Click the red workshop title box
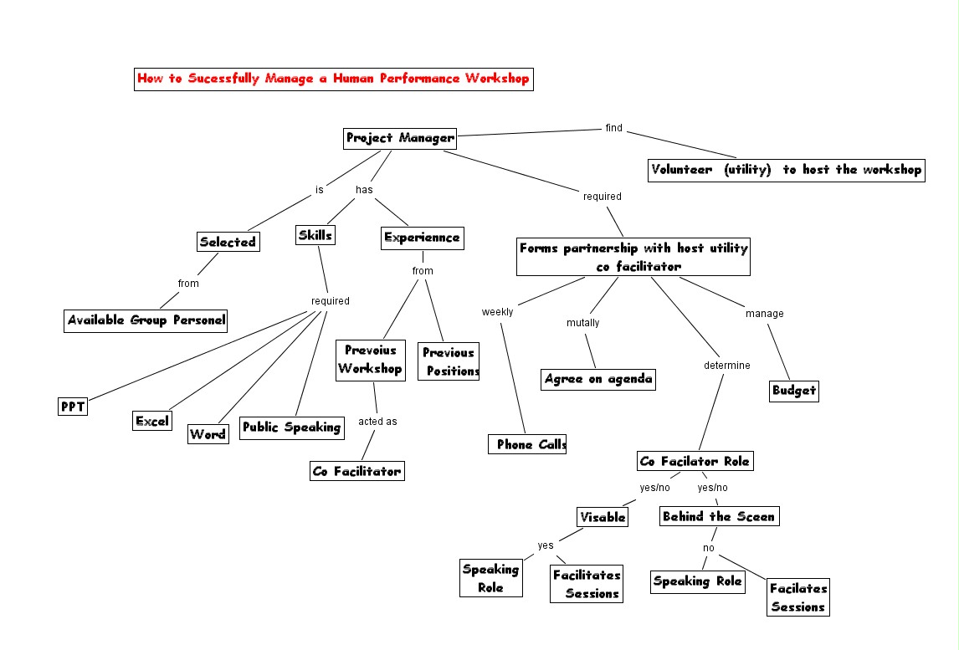(x=333, y=79)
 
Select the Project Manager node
(x=400, y=138)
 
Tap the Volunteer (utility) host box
(x=786, y=170)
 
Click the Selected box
(x=228, y=242)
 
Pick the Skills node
(x=315, y=235)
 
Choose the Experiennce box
(x=422, y=238)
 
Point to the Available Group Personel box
(x=146, y=320)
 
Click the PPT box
(x=73, y=407)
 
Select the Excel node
(x=152, y=421)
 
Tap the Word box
(x=208, y=434)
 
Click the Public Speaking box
(x=291, y=427)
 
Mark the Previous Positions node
(x=449, y=361)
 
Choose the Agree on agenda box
(x=597, y=378)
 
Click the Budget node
(x=793, y=390)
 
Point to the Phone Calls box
(x=528, y=444)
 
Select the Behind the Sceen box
(x=719, y=516)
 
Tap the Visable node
(x=603, y=517)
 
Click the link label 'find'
(x=614, y=128)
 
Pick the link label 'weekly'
(x=497, y=312)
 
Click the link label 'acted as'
(x=377, y=421)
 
